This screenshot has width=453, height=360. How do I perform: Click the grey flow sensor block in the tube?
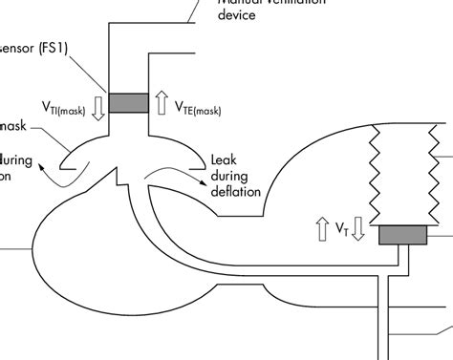(128, 102)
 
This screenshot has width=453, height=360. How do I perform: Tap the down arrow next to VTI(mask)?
(98, 106)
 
